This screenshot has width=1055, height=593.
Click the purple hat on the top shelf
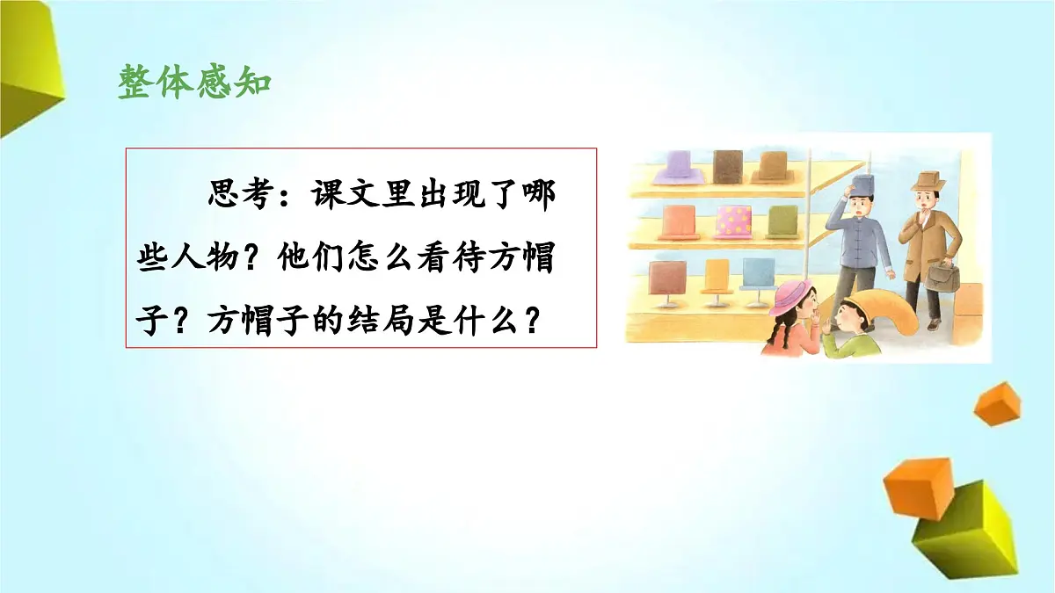point(674,164)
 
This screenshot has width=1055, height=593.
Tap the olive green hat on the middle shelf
point(782,220)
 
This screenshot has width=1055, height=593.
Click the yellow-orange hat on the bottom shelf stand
point(717,275)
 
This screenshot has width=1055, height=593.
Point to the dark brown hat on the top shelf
point(728,163)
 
